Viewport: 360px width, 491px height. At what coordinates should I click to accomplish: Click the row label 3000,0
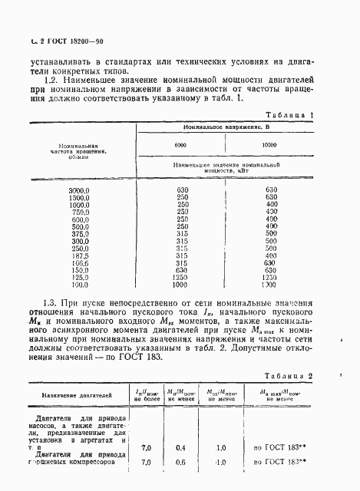(x=80, y=189)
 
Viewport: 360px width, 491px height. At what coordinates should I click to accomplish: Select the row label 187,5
(x=80, y=255)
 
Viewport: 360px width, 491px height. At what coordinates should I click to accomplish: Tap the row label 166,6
(x=80, y=263)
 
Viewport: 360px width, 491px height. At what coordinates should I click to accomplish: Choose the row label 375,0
(x=80, y=234)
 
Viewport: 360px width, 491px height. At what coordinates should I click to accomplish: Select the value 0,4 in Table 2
(x=180, y=447)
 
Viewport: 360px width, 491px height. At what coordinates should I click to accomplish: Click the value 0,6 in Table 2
(x=180, y=462)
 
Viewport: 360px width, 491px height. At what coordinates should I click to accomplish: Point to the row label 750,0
(x=80, y=212)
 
